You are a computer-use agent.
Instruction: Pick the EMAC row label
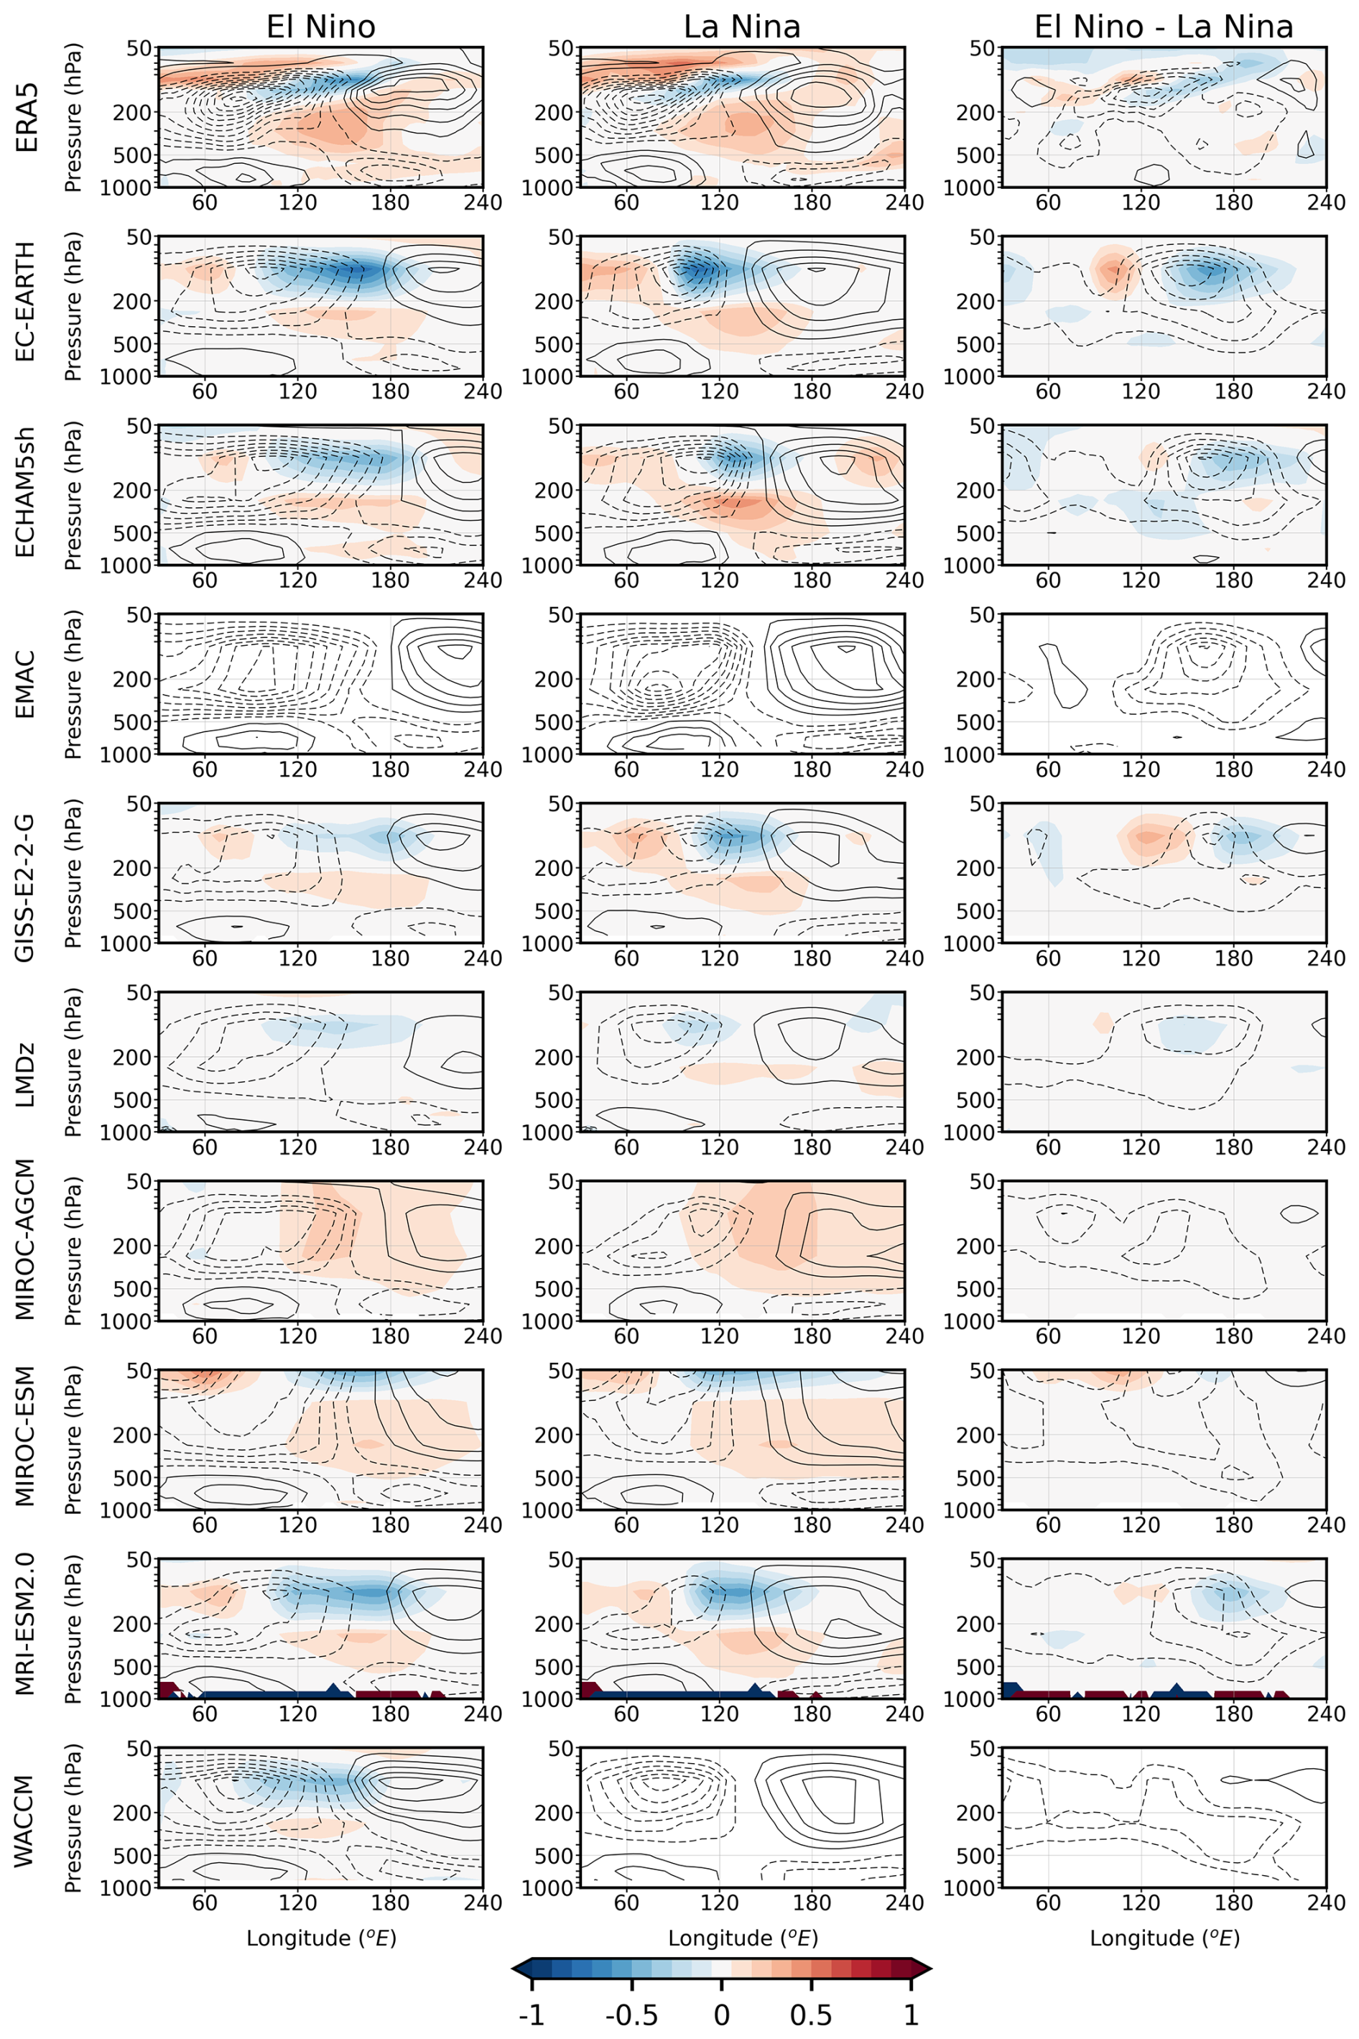click(x=27, y=684)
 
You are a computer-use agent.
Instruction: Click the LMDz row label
click(x=27, y=1062)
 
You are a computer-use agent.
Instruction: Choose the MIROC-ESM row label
click(x=27, y=1440)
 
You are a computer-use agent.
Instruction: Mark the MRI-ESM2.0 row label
click(x=27, y=1629)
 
